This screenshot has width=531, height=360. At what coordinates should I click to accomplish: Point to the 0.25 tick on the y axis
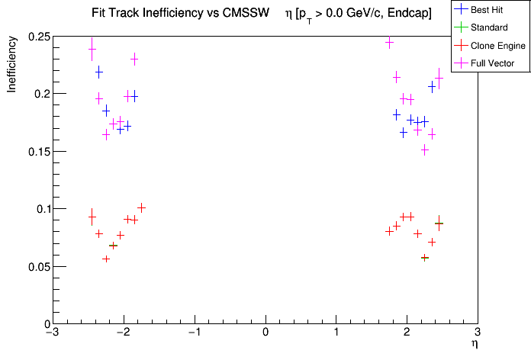click(x=37, y=37)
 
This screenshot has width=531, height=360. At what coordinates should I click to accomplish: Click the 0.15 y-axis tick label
click(x=37, y=152)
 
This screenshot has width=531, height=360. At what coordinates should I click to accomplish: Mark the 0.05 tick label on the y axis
click(x=37, y=267)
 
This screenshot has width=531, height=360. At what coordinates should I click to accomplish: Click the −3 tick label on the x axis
click(x=51, y=333)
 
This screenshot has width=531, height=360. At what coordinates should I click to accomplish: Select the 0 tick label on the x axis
click(x=265, y=333)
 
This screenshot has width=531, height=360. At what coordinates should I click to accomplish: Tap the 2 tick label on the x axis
click(x=407, y=333)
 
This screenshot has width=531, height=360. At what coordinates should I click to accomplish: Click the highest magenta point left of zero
click(x=92, y=49)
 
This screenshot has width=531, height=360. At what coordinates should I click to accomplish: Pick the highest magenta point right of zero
click(x=390, y=43)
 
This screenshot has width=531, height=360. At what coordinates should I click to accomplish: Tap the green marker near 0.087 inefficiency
click(x=439, y=223)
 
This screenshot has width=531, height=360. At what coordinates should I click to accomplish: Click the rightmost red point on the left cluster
click(x=141, y=207)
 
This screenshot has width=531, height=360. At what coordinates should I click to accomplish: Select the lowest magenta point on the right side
click(x=425, y=149)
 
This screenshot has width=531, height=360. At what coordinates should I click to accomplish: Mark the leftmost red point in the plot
click(x=92, y=217)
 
